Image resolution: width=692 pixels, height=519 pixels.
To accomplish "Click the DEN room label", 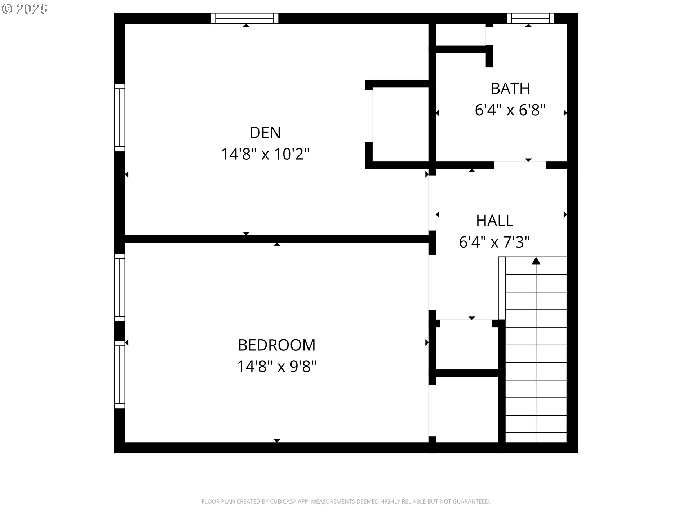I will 265,133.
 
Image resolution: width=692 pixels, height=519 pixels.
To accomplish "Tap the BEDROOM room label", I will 276,345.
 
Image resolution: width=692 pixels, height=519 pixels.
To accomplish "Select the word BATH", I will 510,89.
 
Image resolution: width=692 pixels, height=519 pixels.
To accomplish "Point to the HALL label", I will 494,221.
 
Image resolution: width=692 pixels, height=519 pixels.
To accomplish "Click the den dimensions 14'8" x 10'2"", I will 265,154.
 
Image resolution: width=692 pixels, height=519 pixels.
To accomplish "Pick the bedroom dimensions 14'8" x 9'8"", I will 276,367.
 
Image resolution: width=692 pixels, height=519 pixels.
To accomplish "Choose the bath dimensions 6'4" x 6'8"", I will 510,110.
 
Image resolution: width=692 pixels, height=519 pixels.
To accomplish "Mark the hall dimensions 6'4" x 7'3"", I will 494,242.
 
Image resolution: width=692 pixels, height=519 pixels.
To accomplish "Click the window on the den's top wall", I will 245,18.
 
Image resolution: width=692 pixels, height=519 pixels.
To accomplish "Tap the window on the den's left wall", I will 120,118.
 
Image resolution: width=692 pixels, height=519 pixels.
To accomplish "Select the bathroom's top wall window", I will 530,18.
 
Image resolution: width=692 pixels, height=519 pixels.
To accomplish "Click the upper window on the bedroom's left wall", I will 120,287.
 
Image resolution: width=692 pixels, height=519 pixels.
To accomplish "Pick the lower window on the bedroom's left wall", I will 120,374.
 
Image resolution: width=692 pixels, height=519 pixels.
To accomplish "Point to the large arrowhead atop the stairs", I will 536,261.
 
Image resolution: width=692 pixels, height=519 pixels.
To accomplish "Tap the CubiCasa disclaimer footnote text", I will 346,501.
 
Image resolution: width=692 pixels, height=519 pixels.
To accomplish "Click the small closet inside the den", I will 400,124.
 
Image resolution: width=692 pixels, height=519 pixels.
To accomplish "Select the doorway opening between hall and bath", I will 520,165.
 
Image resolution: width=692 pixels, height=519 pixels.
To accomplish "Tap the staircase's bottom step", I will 536,438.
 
